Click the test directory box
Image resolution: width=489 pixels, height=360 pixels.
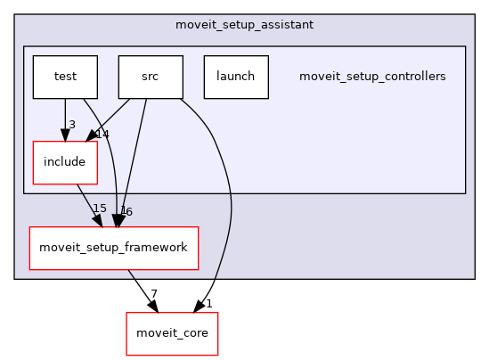tap(64, 77)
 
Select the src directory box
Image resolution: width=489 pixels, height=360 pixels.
tap(151, 77)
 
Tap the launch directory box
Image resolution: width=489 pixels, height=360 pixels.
tap(235, 77)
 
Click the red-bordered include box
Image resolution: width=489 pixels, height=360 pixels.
tap(64, 162)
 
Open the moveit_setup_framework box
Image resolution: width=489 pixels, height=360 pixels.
tap(113, 248)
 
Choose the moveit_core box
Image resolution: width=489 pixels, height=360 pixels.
tap(171, 333)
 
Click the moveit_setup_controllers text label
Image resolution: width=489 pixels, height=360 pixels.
tap(372, 77)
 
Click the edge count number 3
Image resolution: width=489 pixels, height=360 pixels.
tap(71, 123)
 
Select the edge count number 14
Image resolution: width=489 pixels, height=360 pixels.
tap(102, 135)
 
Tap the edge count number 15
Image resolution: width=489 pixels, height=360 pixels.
tap(99, 209)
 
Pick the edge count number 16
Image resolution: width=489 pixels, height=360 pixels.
tap(126, 212)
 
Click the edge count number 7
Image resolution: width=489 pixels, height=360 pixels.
tap(153, 294)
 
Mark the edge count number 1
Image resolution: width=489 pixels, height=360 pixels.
tap(208, 304)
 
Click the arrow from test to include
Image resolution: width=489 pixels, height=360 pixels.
tap(64, 116)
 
